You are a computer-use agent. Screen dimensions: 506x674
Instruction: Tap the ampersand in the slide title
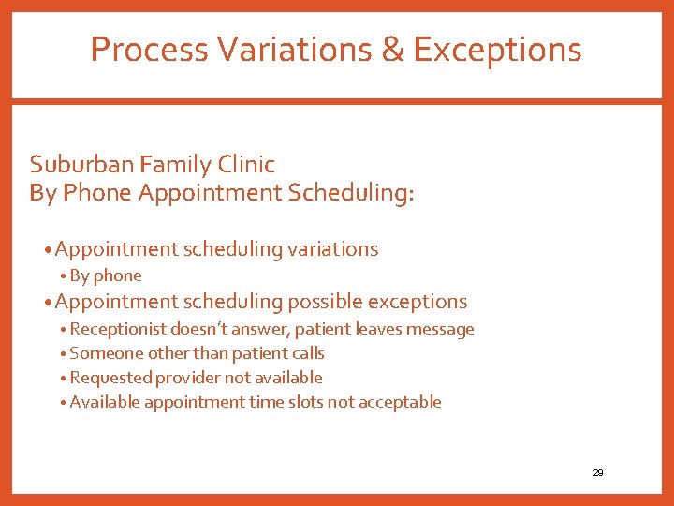tap(392, 49)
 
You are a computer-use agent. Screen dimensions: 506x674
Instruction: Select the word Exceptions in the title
tap(497, 49)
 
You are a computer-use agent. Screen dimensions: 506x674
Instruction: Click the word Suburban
tap(81, 165)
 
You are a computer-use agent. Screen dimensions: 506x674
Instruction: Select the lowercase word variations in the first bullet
tap(332, 249)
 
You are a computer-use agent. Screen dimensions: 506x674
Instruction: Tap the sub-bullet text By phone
tap(105, 275)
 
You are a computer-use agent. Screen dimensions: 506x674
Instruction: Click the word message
tap(442, 329)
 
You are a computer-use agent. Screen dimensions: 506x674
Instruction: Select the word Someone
tap(102, 353)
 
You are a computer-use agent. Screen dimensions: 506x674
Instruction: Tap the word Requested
tap(106, 378)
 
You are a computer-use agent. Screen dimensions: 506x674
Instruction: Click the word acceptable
tap(406, 402)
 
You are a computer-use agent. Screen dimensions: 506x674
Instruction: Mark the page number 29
tap(598, 473)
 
